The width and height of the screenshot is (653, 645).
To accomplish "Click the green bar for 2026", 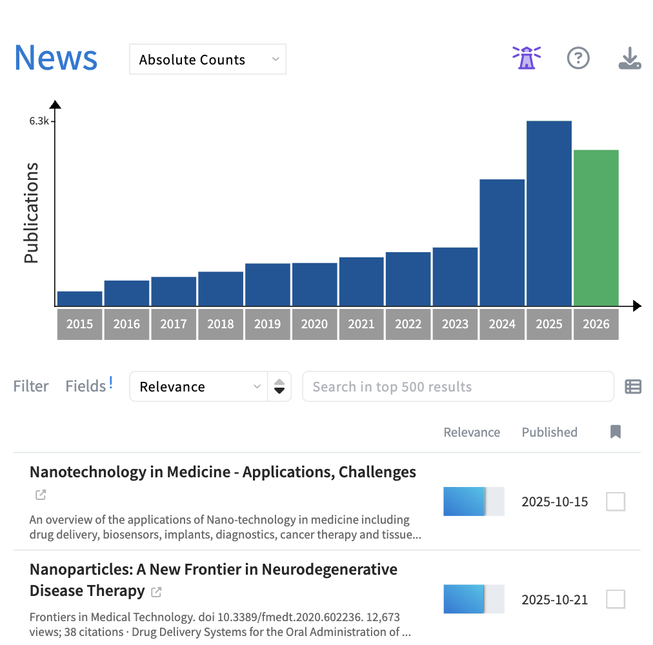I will [x=596, y=228].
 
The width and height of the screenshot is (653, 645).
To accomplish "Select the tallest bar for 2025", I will [x=549, y=213].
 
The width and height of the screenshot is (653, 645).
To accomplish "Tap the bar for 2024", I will [x=502, y=242].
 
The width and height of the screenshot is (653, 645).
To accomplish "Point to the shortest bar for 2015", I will [x=80, y=298].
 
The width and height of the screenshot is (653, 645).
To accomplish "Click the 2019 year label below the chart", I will [x=267, y=324].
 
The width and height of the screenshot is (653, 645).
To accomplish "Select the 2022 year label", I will [x=408, y=324].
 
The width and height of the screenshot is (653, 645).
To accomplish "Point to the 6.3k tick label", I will [x=39, y=121].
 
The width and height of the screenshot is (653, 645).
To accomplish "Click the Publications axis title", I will [x=31, y=213].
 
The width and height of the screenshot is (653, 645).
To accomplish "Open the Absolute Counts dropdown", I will [x=208, y=59].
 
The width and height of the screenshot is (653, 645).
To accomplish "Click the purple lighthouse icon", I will [x=527, y=58].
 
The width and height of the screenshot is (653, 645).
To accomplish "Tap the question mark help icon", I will [x=578, y=58].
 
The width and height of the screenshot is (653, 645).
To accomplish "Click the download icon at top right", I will [x=629, y=59].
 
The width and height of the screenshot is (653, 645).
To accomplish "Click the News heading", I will [x=55, y=57].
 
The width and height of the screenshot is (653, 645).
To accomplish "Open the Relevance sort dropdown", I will [x=199, y=386].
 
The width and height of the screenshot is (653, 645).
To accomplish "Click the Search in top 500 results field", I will [x=457, y=386].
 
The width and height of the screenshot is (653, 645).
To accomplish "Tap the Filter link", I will [x=31, y=386].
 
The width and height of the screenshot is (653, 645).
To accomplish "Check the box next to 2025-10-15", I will [x=616, y=501].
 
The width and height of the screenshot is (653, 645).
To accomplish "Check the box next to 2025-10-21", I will [x=616, y=599].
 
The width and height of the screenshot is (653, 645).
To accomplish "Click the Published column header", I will [x=549, y=432].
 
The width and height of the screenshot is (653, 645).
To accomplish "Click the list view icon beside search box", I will [x=633, y=386].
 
